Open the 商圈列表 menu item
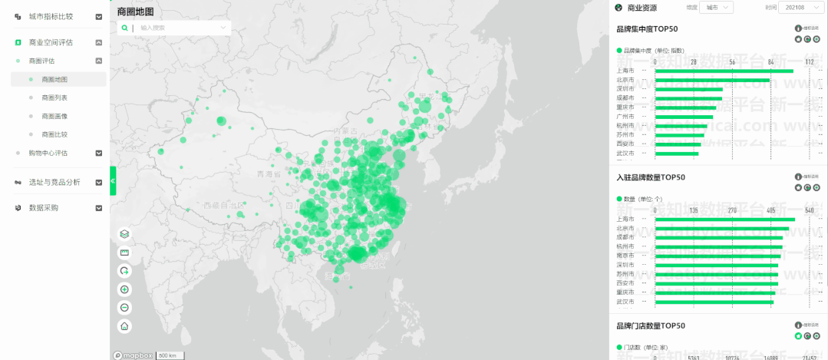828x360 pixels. click(54, 97)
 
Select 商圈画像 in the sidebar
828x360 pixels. click(54, 116)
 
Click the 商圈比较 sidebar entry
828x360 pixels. click(54, 134)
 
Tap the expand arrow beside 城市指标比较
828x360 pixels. click(99, 17)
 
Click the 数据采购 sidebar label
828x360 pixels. click(44, 208)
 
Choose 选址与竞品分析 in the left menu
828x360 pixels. click(54, 183)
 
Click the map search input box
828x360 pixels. click(180, 28)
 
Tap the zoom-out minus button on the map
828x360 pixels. click(124, 308)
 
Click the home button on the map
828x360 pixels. click(124, 326)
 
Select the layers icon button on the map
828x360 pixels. click(124, 234)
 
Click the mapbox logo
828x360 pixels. click(133, 355)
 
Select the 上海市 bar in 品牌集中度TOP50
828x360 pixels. click(724, 71)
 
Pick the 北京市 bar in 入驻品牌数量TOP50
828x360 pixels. click(721, 228)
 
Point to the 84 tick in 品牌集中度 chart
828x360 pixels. click(771, 61)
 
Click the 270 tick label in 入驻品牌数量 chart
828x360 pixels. click(732, 210)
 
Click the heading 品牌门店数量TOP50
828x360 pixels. click(651, 326)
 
